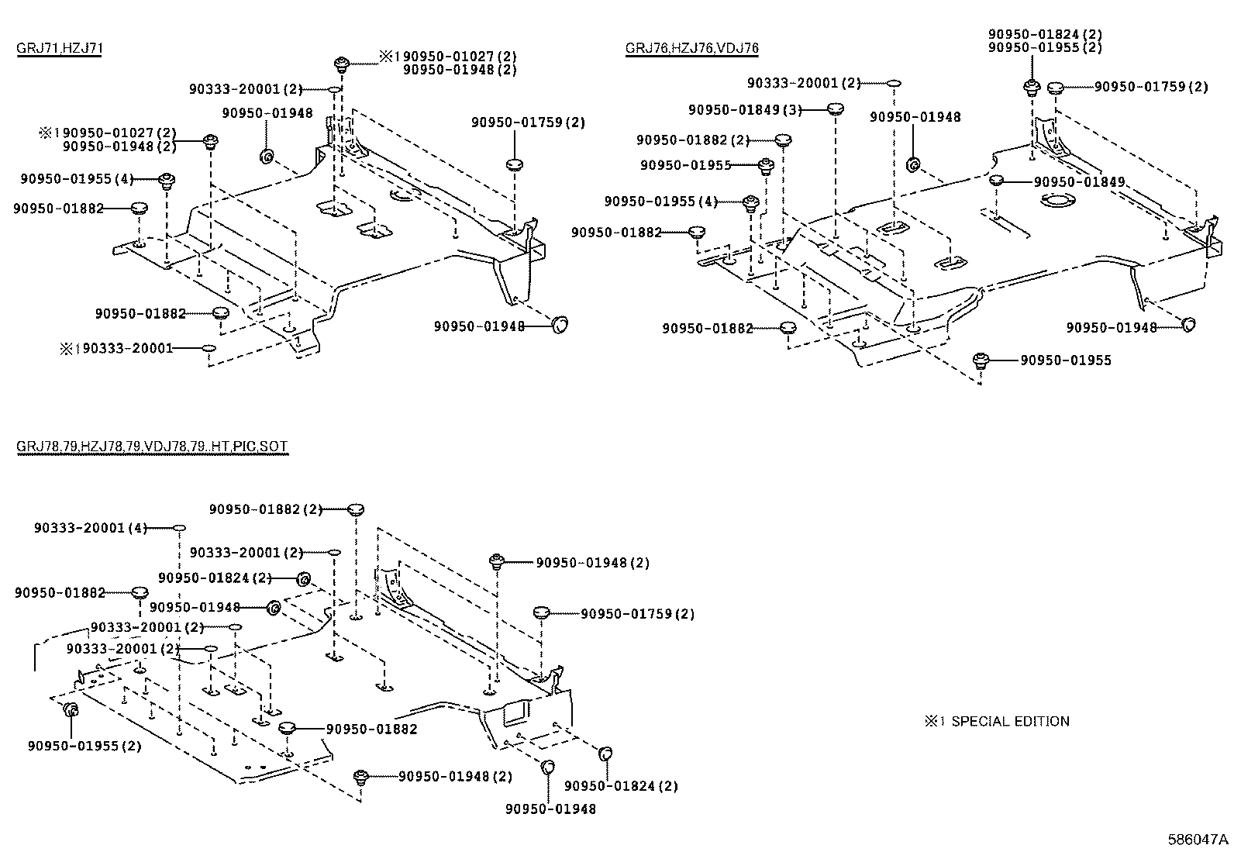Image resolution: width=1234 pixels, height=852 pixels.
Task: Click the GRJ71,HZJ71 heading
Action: coord(60,48)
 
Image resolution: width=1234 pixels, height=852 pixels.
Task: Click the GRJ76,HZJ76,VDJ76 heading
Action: coord(691,48)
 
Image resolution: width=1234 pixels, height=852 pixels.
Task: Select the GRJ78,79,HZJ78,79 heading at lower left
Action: coord(152,447)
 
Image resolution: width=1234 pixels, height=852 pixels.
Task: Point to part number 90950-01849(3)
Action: coord(744,109)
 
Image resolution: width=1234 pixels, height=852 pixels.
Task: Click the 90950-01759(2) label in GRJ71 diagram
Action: coord(528,122)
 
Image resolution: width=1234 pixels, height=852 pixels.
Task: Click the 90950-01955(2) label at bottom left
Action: coord(84,746)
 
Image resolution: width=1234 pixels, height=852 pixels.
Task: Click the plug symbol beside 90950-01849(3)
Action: coord(834,109)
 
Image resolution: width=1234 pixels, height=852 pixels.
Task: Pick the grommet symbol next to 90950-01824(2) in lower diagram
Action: coord(304,578)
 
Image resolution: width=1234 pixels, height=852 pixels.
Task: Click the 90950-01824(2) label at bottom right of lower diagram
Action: coord(621,785)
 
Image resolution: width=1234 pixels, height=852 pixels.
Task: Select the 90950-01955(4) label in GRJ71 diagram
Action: coord(77,179)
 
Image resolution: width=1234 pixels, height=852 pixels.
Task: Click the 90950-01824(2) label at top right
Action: coord(1045,35)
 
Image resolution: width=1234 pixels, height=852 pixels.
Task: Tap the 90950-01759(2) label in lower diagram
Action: coord(637,613)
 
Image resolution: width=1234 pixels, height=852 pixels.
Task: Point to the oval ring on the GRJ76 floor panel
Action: coord(1056,202)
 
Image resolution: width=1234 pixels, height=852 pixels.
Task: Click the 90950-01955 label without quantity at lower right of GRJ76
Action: coord(1065,360)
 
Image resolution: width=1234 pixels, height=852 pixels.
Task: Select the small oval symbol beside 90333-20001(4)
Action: coord(178,527)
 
